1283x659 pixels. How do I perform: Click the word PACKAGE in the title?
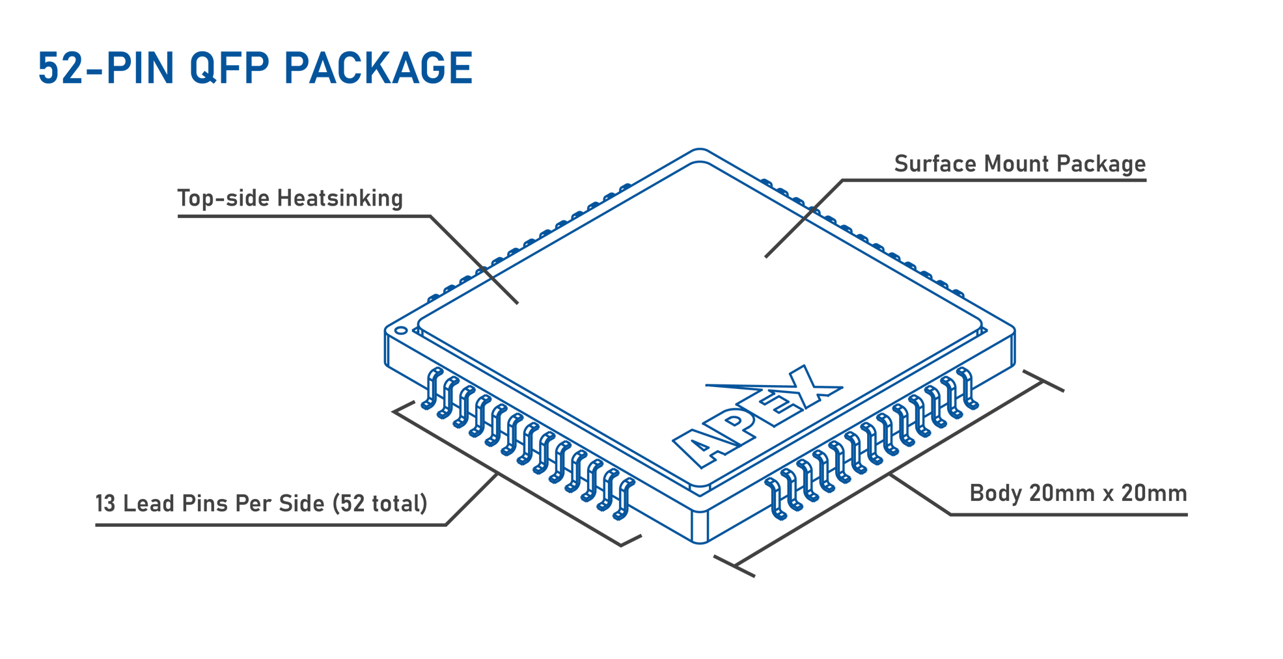(378, 68)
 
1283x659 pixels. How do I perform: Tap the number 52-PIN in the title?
(106, 68)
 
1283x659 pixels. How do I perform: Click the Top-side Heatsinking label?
(290, 198)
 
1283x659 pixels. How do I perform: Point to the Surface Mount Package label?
(1019, 164)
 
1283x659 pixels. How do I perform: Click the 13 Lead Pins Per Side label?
(260, 504)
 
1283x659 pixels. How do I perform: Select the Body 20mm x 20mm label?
(1078, 493)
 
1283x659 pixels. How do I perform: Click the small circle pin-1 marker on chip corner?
(401, 330)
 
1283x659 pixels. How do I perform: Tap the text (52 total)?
(379, 504)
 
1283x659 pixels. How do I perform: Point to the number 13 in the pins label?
(105, 504)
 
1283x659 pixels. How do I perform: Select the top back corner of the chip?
(699, 151)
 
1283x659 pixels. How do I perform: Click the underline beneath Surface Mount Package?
(1019, 180)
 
